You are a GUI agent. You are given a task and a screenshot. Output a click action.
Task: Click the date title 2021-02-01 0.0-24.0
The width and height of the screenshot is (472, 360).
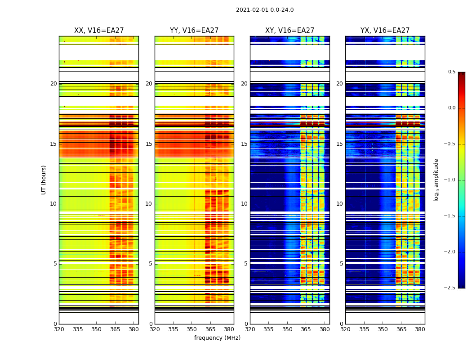[265, 10]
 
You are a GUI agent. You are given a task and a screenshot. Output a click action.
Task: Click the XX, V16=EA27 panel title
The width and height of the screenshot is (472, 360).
[99, 31]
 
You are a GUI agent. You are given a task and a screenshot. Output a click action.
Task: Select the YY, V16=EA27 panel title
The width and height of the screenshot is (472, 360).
[194, 31]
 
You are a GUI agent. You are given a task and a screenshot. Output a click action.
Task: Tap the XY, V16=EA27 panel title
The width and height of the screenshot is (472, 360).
[289, 31]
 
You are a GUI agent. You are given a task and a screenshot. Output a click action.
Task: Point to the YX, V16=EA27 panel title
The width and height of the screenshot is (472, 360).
[385, 31]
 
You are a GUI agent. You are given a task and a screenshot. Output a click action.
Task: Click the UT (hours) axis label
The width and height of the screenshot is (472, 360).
[44, 180]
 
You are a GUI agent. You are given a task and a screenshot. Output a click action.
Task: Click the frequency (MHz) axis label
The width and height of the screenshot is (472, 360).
[217, 338]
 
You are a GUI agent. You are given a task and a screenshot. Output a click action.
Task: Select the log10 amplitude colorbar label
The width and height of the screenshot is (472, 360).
[436, 180]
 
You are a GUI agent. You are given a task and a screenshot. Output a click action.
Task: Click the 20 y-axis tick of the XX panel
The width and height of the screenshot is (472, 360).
[53, 84]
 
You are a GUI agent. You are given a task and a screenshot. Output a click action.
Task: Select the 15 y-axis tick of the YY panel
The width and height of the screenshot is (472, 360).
[149, 144]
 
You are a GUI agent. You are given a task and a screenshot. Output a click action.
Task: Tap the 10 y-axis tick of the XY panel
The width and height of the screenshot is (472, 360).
[244, 204]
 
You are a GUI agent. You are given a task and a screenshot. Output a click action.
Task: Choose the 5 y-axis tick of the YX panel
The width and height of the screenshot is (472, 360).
[341, 264]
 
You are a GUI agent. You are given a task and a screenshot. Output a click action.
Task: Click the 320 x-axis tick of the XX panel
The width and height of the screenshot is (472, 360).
[59, 329]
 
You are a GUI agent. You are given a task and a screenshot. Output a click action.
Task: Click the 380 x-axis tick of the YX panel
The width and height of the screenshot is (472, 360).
[420, 329]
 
